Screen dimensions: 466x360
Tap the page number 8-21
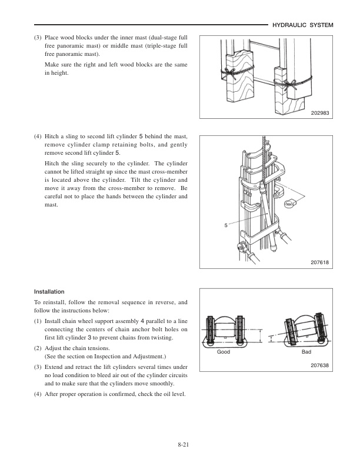pyautogui.click(x=180, y=445)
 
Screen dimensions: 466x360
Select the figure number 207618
pyautogui.click(x=320, y=262)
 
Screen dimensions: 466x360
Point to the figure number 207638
pyautogui.click(x=320, y=365)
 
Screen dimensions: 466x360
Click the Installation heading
pyautogui.click(x=49, y=291)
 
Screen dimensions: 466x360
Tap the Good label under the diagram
pyautogui.click(x=224, y=351)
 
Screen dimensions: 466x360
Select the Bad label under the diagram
pyautogui.click(x=306, y=351)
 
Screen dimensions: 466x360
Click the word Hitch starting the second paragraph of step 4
pyautogui.click(x=52, y=162)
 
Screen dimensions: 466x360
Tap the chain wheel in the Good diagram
pyautogui.click(x=226, y=329)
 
